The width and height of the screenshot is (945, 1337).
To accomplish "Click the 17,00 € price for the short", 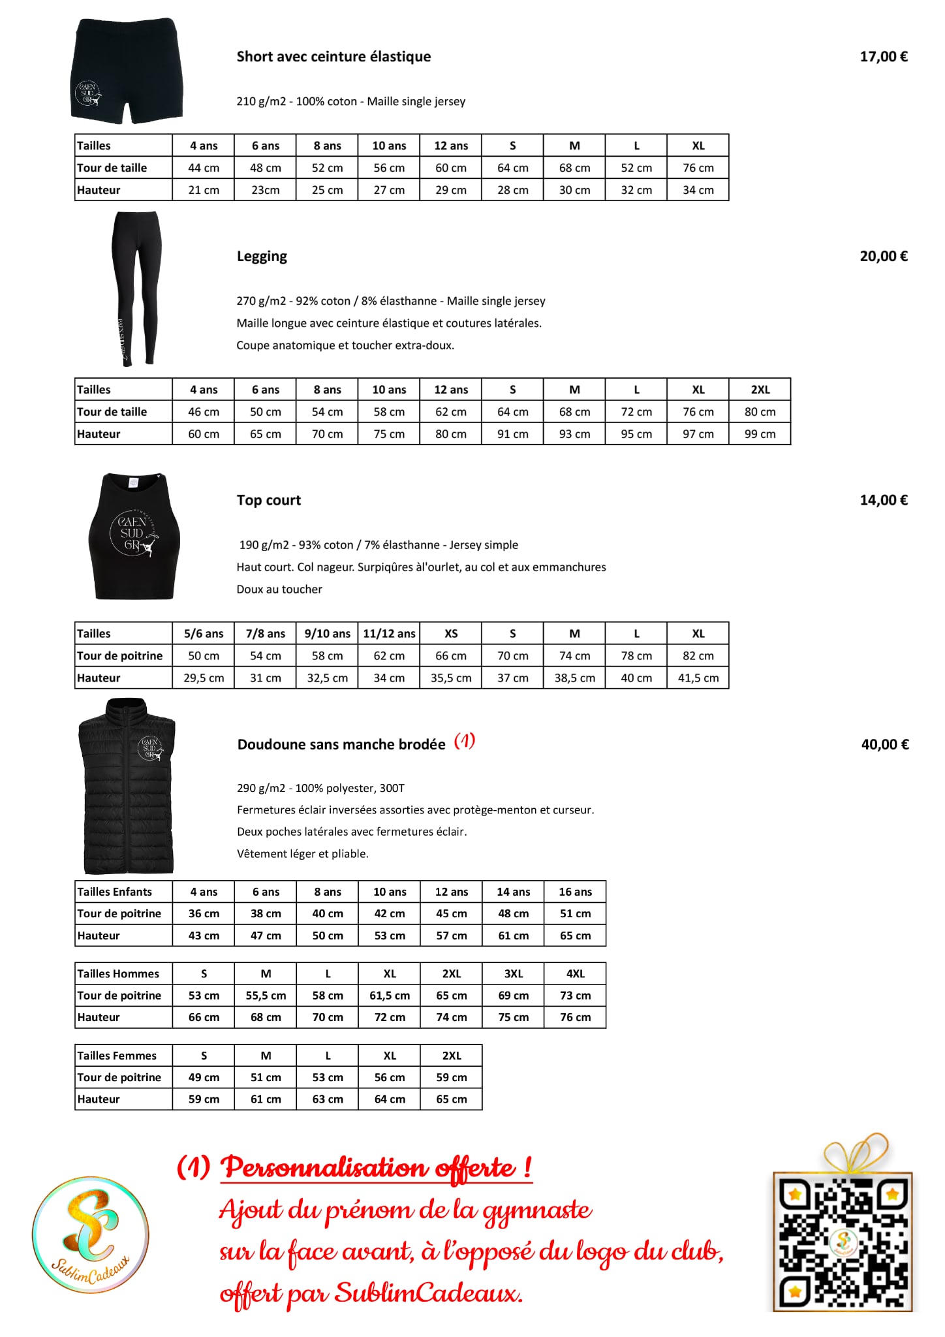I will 883,57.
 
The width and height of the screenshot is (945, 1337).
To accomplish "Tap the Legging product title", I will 262,257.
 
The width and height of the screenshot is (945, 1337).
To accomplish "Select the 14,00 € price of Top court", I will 883,501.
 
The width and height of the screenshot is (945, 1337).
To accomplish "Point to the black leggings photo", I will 136,288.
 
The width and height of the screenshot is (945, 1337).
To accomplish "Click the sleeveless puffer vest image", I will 128,786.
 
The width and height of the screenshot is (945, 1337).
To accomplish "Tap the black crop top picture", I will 134,536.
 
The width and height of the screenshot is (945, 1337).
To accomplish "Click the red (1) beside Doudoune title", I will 464,741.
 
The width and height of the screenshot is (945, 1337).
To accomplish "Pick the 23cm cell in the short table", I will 265,190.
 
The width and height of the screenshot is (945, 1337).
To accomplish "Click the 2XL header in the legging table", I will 760,390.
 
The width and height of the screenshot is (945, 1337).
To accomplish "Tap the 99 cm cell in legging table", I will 760,434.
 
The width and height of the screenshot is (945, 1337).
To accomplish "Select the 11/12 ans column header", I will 389,634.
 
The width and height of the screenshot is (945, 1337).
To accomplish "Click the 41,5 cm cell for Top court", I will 698,678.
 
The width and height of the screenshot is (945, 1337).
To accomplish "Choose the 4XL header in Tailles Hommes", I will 575,973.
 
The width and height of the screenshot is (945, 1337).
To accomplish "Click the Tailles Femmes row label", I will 117,1056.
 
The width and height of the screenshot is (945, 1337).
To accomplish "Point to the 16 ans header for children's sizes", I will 575,892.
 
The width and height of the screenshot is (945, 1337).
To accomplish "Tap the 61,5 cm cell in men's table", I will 390,996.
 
